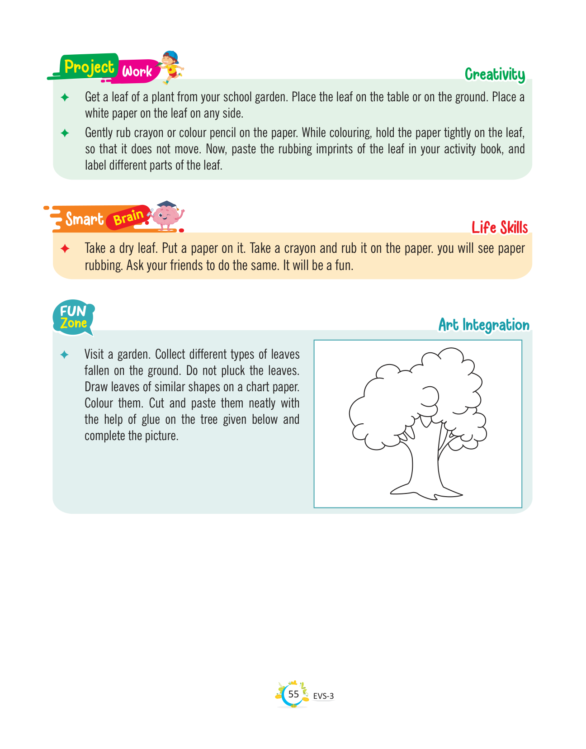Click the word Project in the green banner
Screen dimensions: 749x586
(x=89, y=67)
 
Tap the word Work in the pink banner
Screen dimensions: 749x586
(x=137, y=71)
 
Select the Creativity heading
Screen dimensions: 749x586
(x=495, y=75)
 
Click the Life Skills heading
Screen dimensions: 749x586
(x=500, y=228)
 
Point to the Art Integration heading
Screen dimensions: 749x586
(x=484, y=325)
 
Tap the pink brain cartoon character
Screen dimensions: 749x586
(x=165, y=216)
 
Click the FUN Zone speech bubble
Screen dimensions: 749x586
(x=74, y=318)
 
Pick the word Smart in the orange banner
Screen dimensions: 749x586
(x=84, y=219)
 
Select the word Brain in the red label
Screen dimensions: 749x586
(x=128, y=218)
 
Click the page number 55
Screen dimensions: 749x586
(x=293, y=694)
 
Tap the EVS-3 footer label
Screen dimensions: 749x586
(x=323, y=696)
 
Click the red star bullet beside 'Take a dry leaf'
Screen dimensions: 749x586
(x=65, y=249)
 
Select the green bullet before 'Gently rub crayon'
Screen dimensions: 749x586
(x=65, y=133)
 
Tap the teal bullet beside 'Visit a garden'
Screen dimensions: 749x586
(x=65, y=355)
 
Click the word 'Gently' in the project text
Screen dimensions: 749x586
(x=99, y=133)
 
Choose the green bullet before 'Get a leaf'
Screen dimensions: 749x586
(x=65, y=97)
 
